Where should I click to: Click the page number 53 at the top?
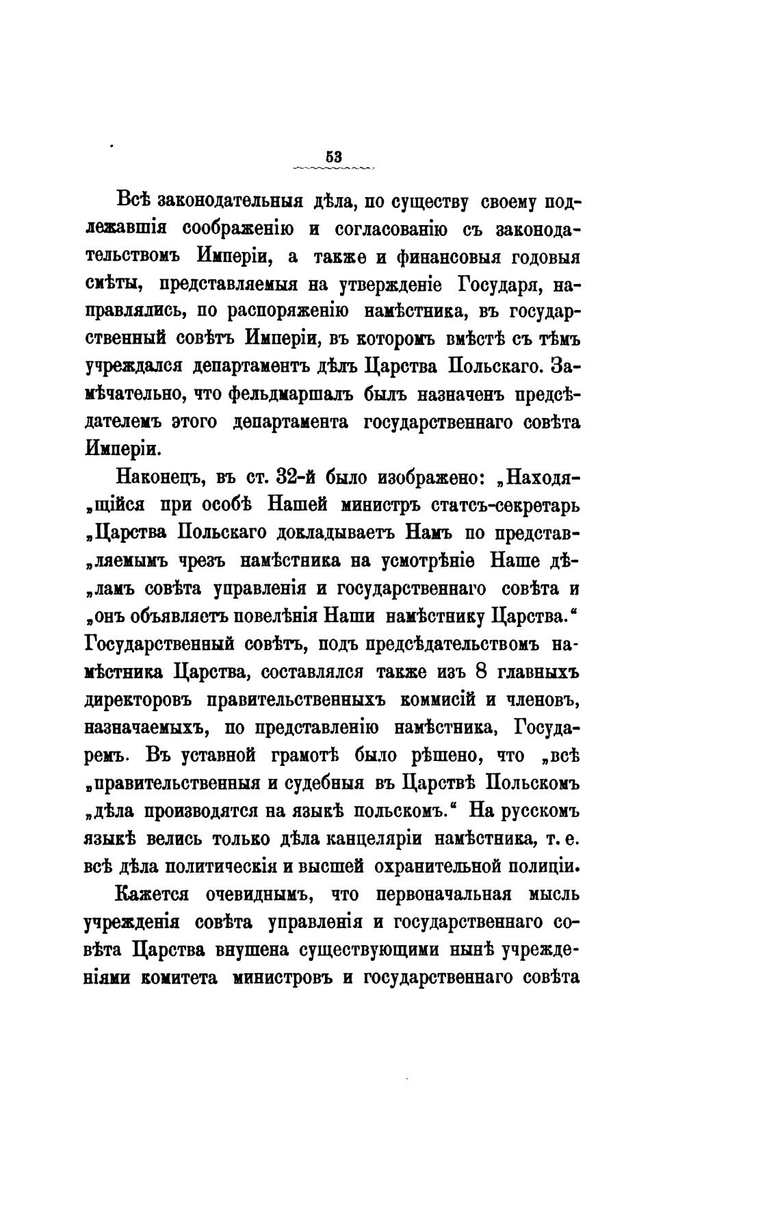(x=333, y=156)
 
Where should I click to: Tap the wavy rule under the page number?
(x=333, y=168)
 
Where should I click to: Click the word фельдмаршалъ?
(x=298, y=395)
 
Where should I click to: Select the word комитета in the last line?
(x=179, y=977)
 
